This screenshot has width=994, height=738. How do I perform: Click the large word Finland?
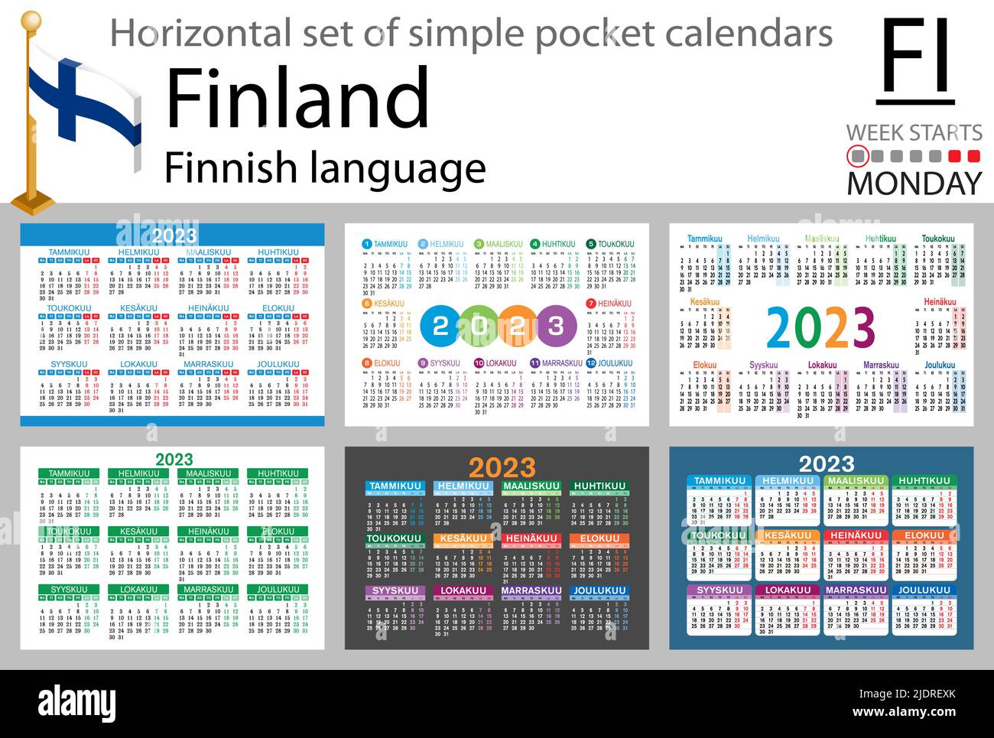(297, 98)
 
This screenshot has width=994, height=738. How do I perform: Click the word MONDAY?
(914, 183)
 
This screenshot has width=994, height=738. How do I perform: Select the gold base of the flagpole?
(32, 203)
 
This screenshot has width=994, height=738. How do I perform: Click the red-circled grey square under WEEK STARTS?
(857, 157)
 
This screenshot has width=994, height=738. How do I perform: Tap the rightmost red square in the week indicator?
(973, 157)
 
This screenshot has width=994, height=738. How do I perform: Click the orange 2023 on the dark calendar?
(502, 467)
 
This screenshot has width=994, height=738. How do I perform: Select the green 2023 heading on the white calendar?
(174, 459)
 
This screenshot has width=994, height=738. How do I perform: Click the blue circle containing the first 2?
(440, 327)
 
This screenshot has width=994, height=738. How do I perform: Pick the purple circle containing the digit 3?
(556, 327)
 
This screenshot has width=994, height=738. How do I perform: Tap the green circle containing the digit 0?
(479, 327)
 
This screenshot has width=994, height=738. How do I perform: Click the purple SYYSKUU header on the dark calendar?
(397, 590)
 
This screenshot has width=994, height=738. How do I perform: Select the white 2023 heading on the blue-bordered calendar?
(174, 236)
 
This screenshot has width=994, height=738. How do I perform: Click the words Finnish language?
(325, 167)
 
